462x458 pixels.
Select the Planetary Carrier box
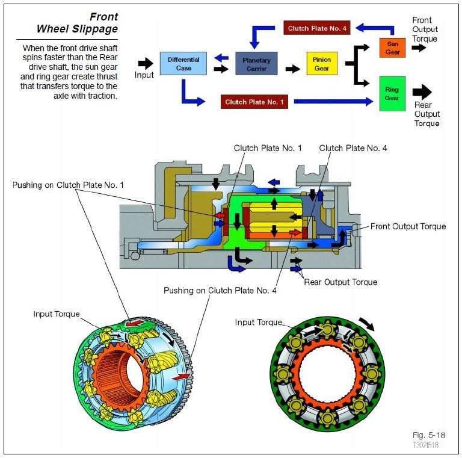point(256,64)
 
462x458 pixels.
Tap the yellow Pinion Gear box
point(322,64)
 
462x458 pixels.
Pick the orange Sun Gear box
point(392,48)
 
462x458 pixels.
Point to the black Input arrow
point(145,63)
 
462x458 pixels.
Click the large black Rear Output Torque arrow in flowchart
point(422,92)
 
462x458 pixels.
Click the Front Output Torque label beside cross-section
point(408,226)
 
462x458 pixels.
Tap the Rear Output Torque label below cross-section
point(340,282)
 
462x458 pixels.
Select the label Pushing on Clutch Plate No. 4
point(220,291)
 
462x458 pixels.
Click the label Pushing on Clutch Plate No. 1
point(68,185)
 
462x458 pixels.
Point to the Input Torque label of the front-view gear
point(258,323)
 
